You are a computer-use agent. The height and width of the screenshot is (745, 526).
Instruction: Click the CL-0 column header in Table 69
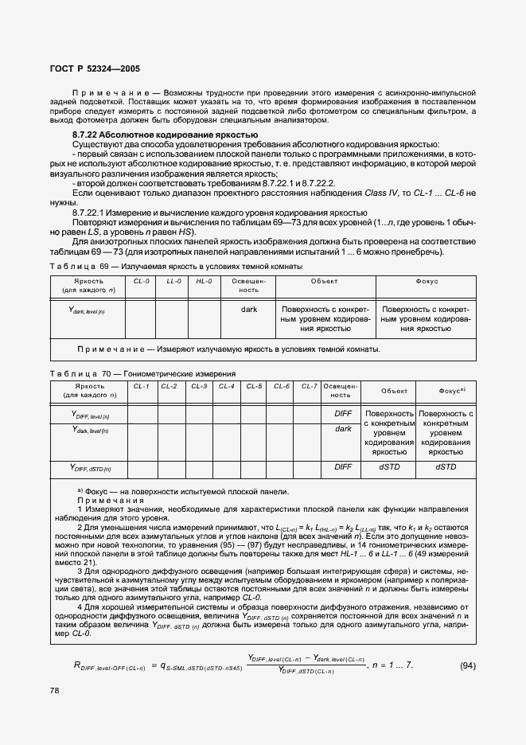click(141, 281)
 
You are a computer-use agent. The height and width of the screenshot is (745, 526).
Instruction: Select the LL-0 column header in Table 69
click(173, 281)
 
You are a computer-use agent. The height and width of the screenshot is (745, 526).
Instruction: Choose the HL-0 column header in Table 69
click(204, 281)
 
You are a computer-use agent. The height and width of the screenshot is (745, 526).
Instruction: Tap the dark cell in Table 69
click(248, 308)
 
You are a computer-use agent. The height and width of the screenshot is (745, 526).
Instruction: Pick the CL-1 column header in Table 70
click(142, 386)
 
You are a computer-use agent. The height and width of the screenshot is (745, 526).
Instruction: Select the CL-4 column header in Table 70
click(226, 386)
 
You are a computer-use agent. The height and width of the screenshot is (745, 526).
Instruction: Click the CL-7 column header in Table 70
click(310, 386)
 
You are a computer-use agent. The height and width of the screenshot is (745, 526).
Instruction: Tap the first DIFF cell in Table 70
click(342, 414)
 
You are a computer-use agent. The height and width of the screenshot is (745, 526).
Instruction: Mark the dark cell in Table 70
click(342, 429)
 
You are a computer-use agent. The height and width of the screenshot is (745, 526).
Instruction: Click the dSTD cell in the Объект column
click(388, 467)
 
